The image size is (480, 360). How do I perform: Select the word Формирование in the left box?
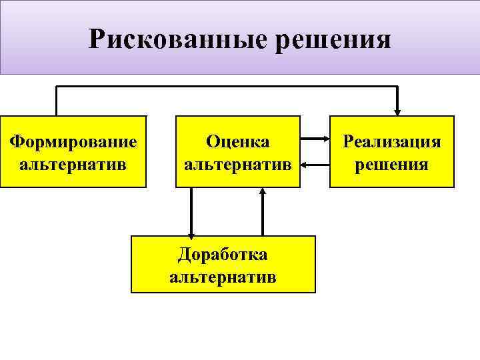(73, 141)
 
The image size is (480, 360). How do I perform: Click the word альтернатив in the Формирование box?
(73, 163)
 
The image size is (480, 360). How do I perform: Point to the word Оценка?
(238, 141)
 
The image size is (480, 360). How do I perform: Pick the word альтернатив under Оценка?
(238, 163)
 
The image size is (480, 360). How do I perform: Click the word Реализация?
(392, 141)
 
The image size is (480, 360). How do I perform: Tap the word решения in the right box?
(392, 163)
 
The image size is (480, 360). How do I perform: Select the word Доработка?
(223, 255)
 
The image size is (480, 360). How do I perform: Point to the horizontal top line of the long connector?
(227, 87)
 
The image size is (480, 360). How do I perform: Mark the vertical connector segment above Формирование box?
(57, 101)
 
